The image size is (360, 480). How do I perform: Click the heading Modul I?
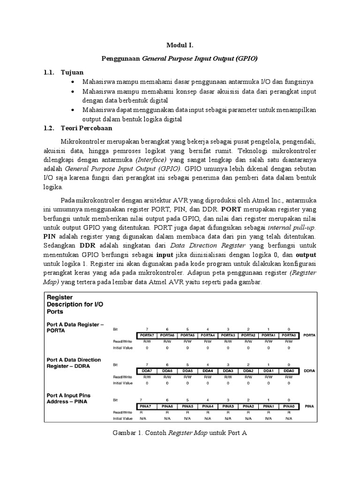[x=180, y=45]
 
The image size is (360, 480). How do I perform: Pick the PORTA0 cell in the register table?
[x=289, y=336]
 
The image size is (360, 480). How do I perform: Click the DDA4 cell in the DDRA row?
[x=208, y=371]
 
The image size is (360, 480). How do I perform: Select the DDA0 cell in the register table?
[x=289, y=371]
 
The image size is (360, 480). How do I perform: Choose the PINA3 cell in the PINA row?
[x=228, y=406]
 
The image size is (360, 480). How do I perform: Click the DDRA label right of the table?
[x=310, y=371]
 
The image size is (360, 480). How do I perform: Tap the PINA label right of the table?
[x=309, y=406]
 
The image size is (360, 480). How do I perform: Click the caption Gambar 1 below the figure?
[x=180, y=434]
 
